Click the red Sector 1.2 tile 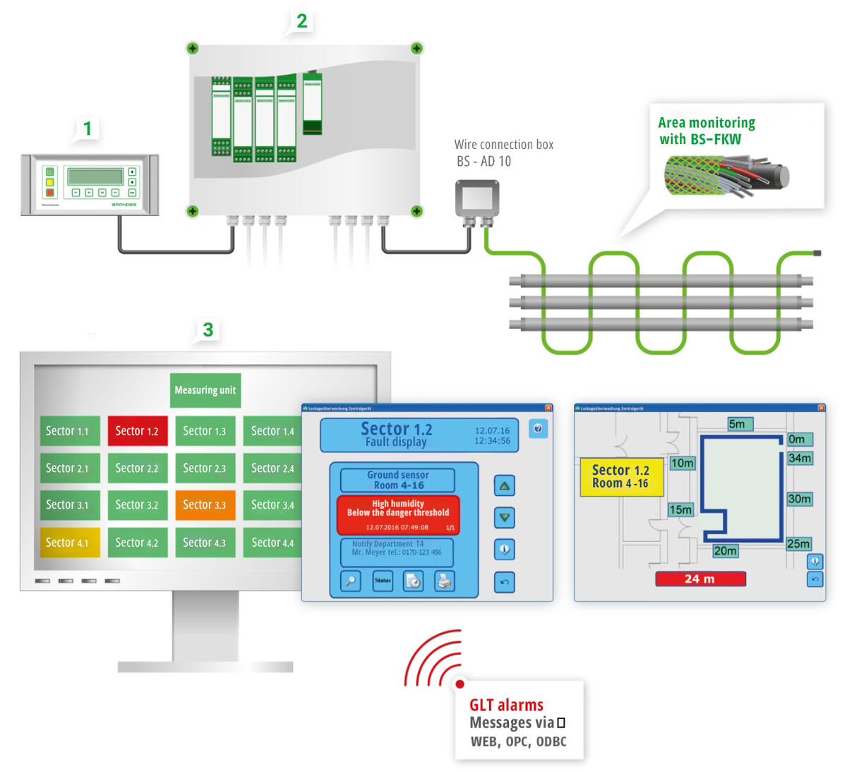click(x=138, y=430)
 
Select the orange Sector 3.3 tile click(x=205, y=505)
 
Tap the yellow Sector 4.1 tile click(x=70, y=543)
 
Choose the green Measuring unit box click(x=205, y=390)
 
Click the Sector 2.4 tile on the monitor click(x=272, y=468)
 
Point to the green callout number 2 click(x=302, y=21)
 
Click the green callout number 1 click(x=88, y=128)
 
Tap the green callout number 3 click(x=208, y=330)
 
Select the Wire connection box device click(x=476, y=199)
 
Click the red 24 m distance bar click(x=700, y=579)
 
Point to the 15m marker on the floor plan click(x=680, y=509)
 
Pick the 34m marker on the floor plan click(x=800, y=458)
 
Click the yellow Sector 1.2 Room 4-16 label click(x=620, y=476)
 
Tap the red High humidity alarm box click(x=398, y=514)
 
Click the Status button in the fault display click(x=383, y=581)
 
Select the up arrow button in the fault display click(x=504, y=485)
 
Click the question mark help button click(x=538, y=428)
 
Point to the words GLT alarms click(x=506, y=705)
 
